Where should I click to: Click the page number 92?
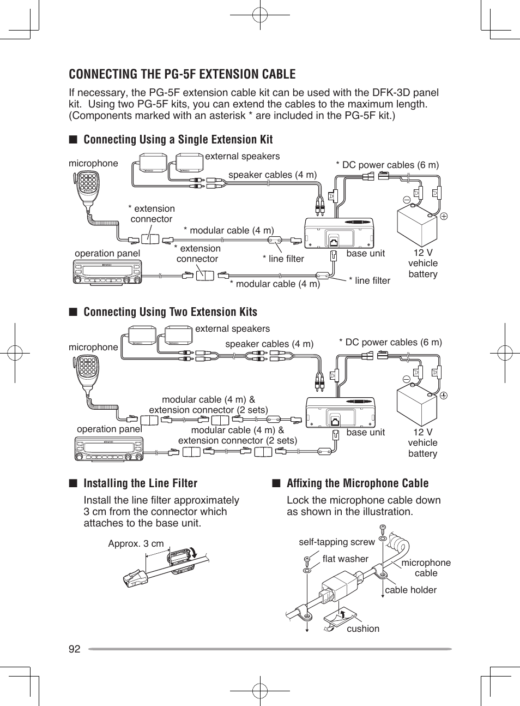[75, 649]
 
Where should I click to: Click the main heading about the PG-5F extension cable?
[182, 74]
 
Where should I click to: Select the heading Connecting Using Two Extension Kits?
[170, 312]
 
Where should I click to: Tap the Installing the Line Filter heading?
[140, 483]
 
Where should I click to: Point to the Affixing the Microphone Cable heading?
[357, 483]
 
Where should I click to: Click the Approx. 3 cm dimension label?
[136, 543]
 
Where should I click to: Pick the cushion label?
[362, 629]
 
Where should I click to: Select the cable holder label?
[410, 590]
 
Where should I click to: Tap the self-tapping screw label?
[336, 542]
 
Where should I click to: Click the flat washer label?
[345, 559]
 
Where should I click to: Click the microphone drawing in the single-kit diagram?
[87, 188]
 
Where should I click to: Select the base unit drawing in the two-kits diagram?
[340, 412]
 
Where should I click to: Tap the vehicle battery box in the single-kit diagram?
[416, 226]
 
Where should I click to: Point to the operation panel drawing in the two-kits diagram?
[108, 448]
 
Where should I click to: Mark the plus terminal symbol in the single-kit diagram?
[444, 216]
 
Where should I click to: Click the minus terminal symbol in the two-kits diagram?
[406, 379]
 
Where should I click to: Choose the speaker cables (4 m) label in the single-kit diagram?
[272, 175]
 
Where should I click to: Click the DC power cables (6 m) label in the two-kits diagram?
[390, 342]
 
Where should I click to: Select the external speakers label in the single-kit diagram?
[242, 156]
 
